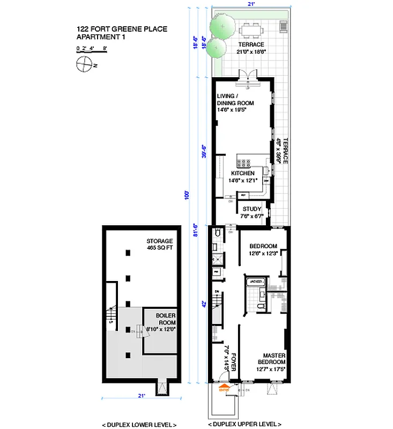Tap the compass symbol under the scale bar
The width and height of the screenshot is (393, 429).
[84, 65]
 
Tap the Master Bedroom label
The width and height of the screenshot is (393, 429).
[273, 359]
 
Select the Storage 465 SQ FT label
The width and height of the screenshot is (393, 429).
[160, 245]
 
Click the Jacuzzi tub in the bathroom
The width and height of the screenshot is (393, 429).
[255, 282]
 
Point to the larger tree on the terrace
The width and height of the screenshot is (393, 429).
[221, 24]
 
